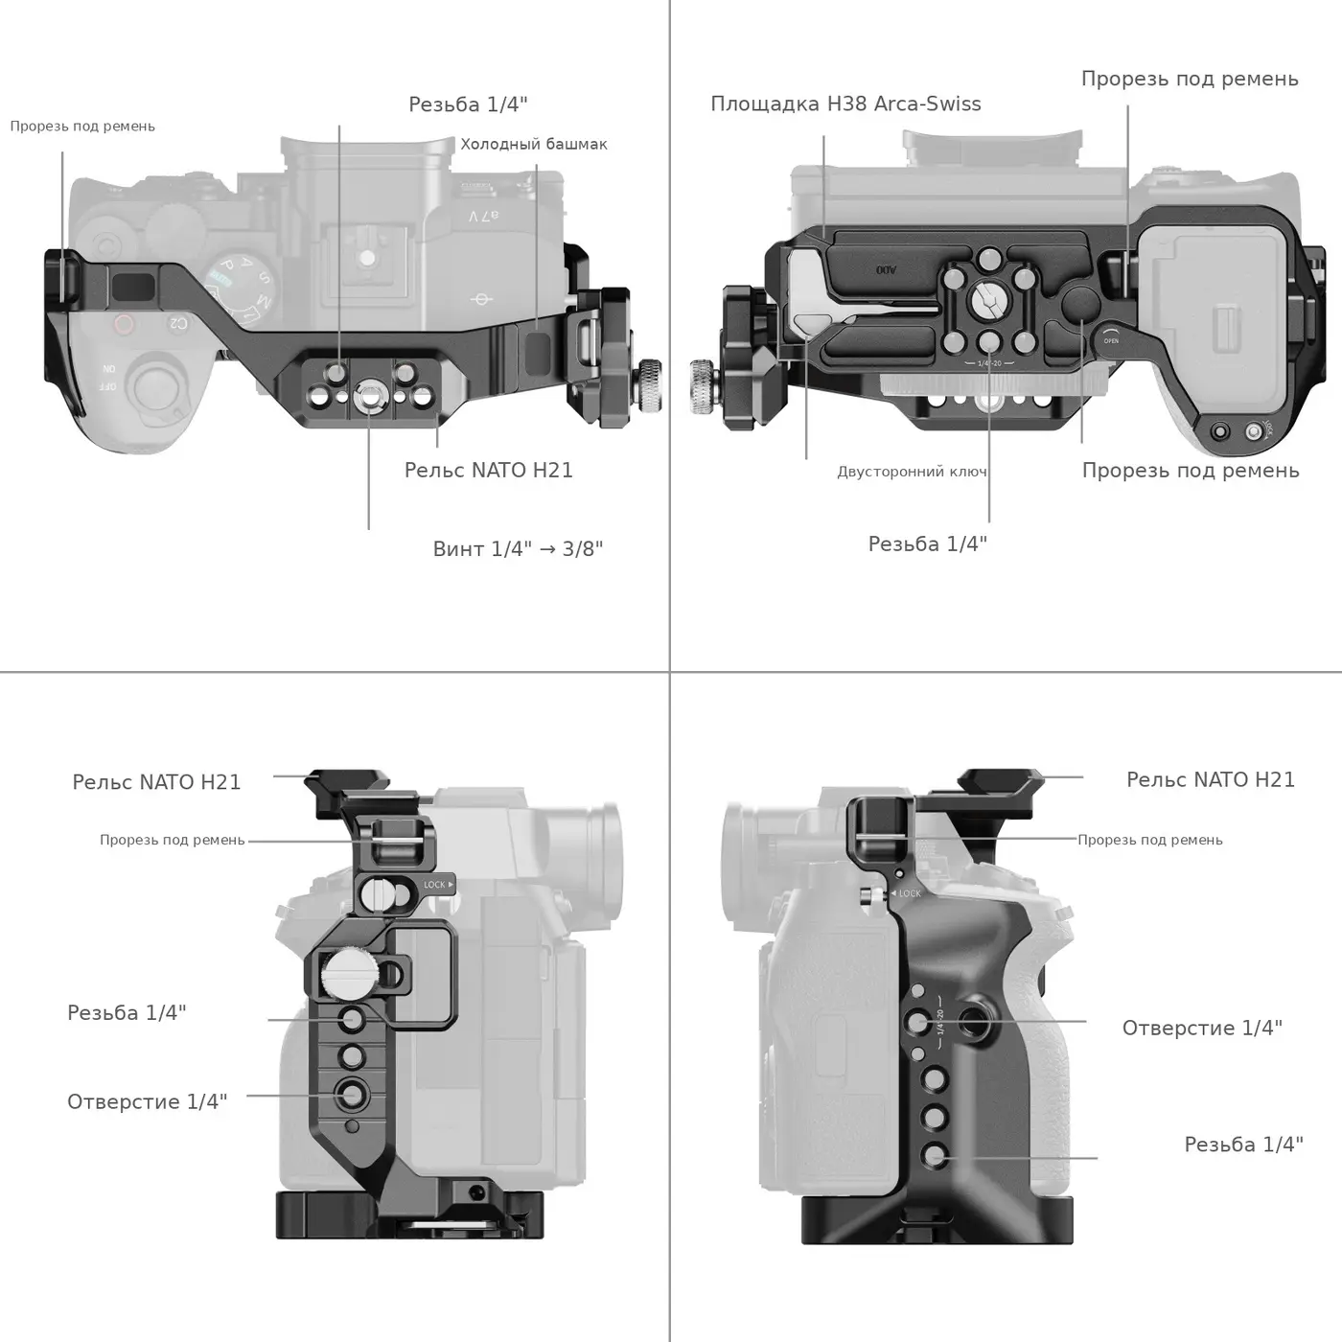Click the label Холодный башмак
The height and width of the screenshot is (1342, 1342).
point(534,144)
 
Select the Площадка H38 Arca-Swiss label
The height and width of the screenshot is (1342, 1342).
point(845,104)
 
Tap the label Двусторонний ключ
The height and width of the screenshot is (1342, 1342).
point(912,472)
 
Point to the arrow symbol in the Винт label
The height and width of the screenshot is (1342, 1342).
point(548,549)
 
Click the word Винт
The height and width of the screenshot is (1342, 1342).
point(459,549)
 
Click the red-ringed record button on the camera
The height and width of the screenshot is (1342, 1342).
point(124,325)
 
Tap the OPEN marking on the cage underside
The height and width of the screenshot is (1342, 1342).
point(1111,340)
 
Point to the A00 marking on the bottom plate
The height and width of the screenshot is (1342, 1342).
point(887,268)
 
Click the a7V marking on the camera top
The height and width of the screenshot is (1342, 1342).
point(483,217)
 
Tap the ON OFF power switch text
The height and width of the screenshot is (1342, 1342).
point(108,377)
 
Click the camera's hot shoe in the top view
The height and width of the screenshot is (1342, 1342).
point(367,260)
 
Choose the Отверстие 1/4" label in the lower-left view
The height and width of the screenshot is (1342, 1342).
point(147,1101)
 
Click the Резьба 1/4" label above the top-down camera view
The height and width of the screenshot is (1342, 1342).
point(468,104)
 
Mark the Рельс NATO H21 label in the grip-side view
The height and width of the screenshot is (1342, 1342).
point(1211,780)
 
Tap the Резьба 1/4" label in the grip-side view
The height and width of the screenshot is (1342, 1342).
point(1244,1145)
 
